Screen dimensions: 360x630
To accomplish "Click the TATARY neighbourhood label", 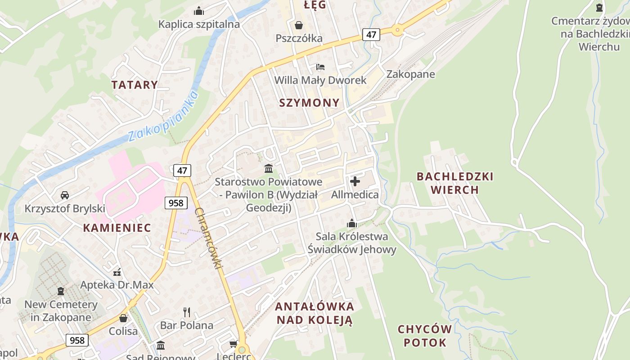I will [x=135, y=85].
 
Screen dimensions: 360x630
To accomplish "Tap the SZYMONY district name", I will [x=309, y=103].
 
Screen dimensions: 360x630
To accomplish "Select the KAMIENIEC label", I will [x=117, y=228].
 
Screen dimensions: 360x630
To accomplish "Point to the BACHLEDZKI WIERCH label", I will [x=455, y=183].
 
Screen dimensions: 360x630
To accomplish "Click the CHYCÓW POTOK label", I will [x=425, y=336].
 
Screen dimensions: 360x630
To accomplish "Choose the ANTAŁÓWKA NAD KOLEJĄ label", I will [x=315, y=313].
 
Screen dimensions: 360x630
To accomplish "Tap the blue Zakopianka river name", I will [x=163, y=116].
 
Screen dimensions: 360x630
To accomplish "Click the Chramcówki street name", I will [x=209, y=239].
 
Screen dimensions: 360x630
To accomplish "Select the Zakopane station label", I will [x=410, y=74].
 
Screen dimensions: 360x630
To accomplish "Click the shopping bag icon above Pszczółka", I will [x=298, y=25].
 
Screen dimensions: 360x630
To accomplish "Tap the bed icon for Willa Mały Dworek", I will [x=320, y=67].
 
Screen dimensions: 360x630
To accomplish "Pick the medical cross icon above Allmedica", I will [x=355, y=181].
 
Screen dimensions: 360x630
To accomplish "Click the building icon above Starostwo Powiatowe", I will [x=269, y=168].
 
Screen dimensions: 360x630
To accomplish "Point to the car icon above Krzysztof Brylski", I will [x=65, y=195].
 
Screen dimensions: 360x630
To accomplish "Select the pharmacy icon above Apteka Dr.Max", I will [x=117, y=272].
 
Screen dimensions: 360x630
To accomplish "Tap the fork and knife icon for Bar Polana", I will [x=187, y=312].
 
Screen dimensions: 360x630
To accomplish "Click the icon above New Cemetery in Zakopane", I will [x=61, y=291].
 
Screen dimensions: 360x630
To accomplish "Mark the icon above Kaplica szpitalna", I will [x=199, y=11].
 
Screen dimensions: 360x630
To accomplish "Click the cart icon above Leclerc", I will [x=234, y=344].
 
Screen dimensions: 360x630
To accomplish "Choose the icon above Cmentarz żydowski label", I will [x=599, y=7].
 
